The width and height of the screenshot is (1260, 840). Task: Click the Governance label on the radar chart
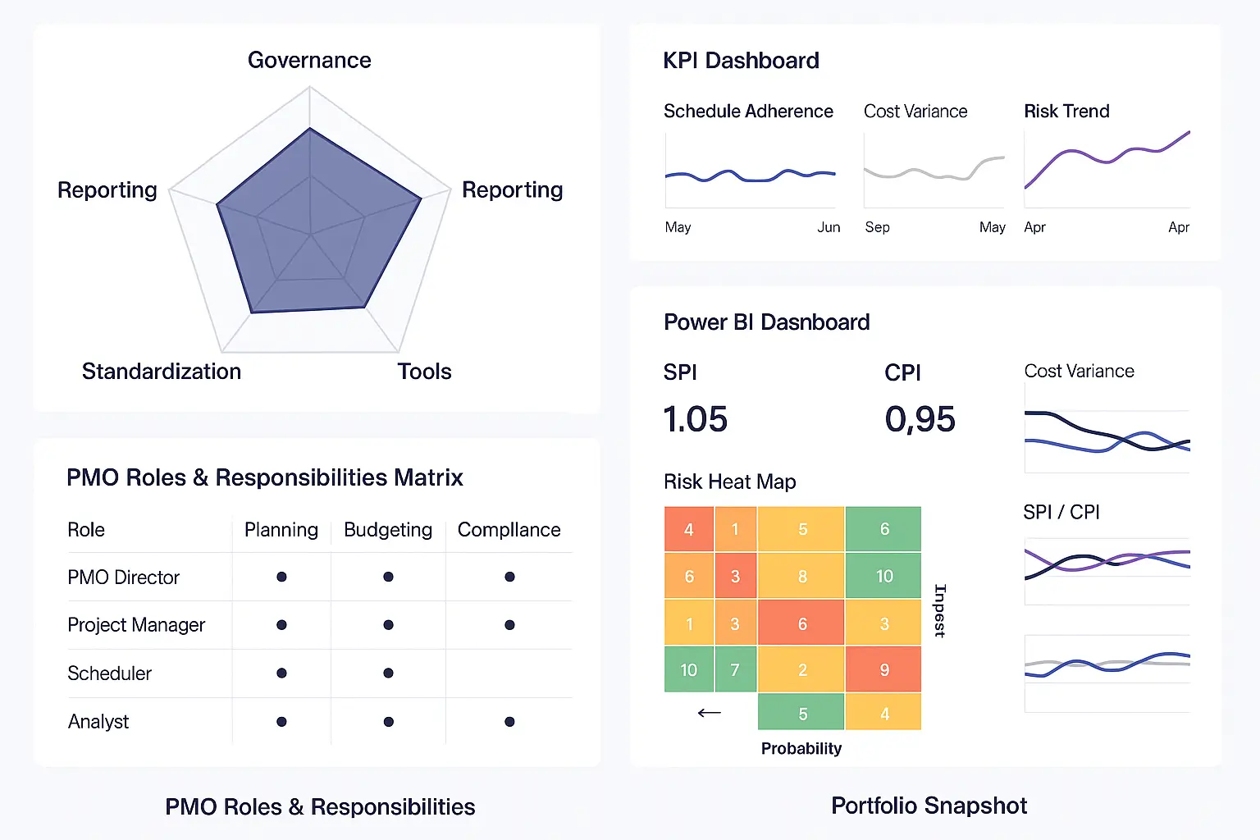click(309, 60)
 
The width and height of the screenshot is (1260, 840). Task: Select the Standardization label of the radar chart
click(162, 372)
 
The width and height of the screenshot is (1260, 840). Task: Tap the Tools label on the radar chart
click(425, 372)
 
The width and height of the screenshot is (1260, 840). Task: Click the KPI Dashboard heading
click(741, 61)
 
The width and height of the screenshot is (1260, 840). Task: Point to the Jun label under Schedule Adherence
click(829, 227)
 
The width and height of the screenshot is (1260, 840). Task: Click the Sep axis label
click(877, 227)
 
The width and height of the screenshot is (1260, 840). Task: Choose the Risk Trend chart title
click(1066, 112)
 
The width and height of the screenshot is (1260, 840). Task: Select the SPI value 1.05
click(696, 419)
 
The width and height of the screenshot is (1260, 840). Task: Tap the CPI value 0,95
click(920, 419)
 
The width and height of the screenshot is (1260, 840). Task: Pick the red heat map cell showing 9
click(883, 669)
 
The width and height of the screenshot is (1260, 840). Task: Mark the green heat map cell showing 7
click(735, 669)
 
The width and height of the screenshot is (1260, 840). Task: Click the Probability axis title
click(801, 748)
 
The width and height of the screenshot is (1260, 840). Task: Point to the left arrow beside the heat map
click(709, 713)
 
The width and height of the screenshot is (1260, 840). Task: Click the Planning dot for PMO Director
click(282, 577)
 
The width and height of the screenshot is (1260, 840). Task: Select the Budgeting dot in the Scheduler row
click(388, 673)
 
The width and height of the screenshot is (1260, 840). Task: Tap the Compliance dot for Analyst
click(509, 721)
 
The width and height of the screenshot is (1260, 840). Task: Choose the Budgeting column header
click(388, 530)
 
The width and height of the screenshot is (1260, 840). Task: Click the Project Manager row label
click(136, 625)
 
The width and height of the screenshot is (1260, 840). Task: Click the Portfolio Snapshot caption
click(929, 806)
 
